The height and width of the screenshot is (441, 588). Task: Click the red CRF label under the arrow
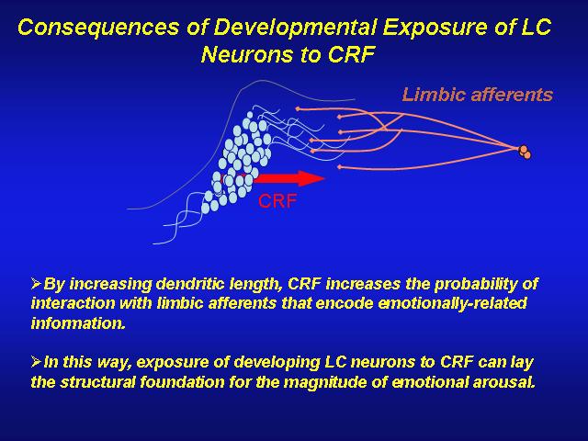coord(277,201)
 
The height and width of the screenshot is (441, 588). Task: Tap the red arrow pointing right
coord(288,178)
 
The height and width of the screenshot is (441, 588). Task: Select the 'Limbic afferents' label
coord(478,95)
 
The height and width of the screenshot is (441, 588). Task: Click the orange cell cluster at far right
coord(525,153)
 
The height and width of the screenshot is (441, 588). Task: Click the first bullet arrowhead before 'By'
coord(36,283)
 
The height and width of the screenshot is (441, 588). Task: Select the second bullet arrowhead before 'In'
coord(36,362)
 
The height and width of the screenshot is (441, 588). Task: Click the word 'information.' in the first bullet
coord(78,323)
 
